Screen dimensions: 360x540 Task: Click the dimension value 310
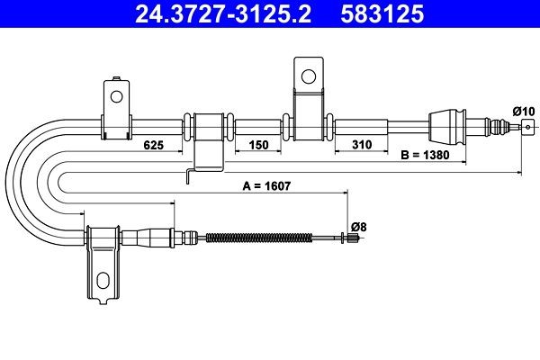pos(363,144)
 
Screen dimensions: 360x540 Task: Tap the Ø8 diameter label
pos(357,226)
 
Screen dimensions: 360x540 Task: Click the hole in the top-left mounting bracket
pos(115,94)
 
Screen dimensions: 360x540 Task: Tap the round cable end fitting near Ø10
pos(526,128)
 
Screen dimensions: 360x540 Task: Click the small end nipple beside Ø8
pos(349,238)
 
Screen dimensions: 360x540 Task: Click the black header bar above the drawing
pos(270,14)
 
